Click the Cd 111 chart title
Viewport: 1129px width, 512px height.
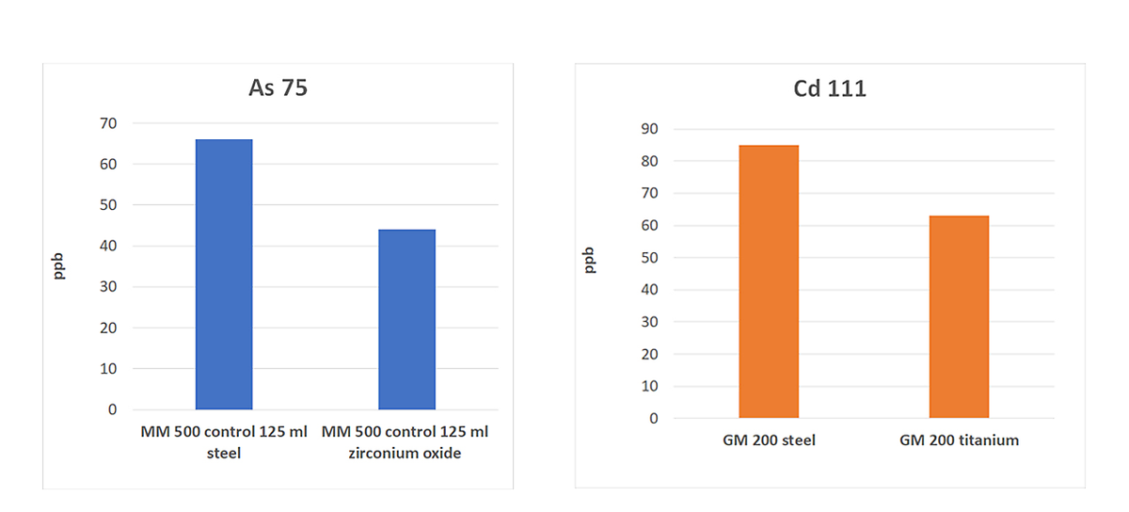(x=830, y=90)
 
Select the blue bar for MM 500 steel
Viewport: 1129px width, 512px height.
(x=224, y=274)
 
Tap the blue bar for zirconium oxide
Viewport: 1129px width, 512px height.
(x=406, y=319)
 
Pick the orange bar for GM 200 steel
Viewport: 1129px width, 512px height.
(x=769, y=281)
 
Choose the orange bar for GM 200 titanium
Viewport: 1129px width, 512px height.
(x=959, y=316)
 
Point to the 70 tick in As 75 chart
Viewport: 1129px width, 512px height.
(x=109, y=123)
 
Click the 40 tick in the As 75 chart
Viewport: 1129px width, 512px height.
(x=109, y=246)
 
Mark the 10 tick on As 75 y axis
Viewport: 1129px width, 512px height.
(x=109, y=369)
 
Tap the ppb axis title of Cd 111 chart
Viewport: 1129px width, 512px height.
(x=590, y=260)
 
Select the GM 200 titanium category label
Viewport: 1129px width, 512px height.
(x=959, y=440)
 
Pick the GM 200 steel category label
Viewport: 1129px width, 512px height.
(x=769, y=440)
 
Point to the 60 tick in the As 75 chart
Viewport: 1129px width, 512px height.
(x=109, y=164)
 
